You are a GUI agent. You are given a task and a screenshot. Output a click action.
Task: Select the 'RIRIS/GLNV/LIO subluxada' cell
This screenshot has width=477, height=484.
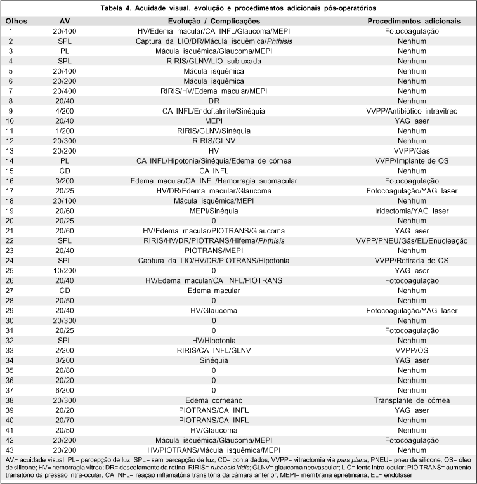click(214, 60)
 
